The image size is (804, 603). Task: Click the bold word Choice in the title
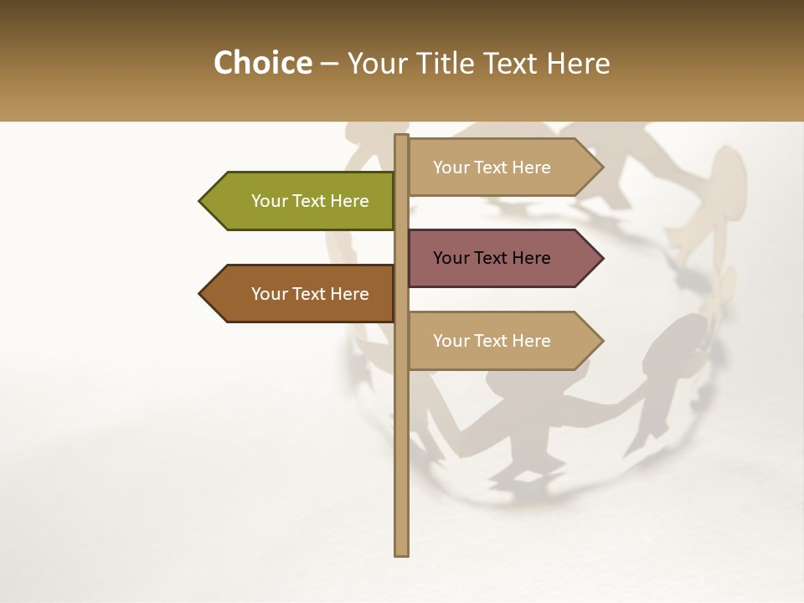tap(262, 64)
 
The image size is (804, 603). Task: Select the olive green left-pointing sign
tap(301, 201)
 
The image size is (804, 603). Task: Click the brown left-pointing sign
tap(301, 294)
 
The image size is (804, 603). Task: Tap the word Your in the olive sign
tap(269, 201)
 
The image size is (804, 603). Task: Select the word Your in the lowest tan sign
tap(451, 341)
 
